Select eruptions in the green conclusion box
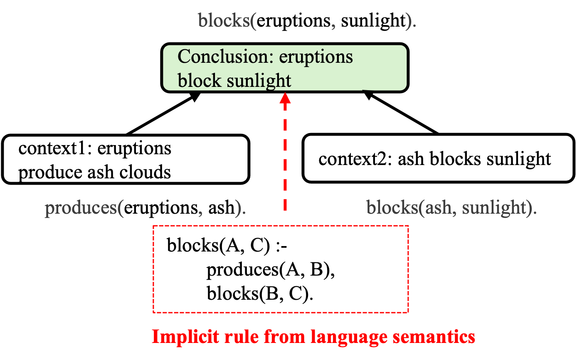coord(316,57)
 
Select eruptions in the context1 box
coord(134,148)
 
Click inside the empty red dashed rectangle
coord(281,269)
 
